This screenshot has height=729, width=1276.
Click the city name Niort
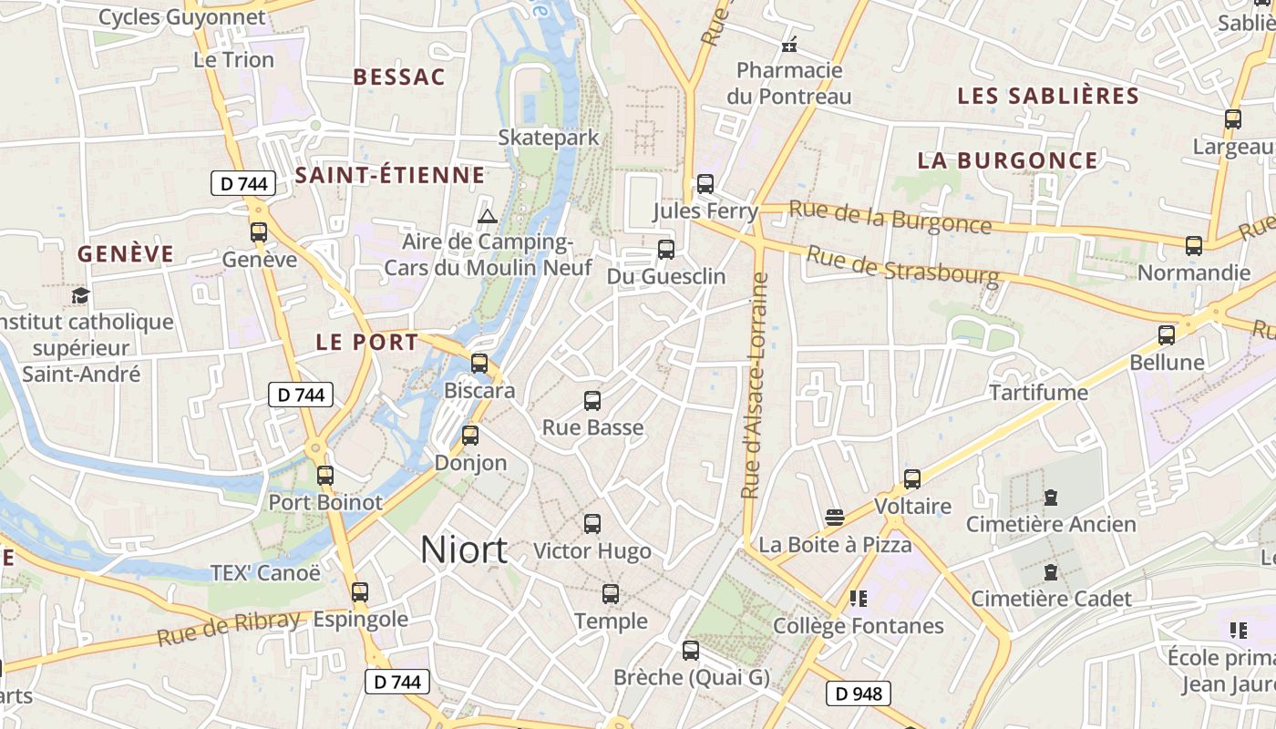click(464, 549)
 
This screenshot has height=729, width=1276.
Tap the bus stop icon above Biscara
click(479, 364)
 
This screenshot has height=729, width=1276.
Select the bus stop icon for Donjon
click(470, 436)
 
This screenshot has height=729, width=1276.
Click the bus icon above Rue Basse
click(592, 400)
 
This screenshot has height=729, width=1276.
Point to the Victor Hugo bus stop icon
click(592, 524)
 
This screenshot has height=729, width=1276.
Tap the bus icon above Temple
click(611, 594)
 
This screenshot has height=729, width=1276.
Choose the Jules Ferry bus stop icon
click(705, 184)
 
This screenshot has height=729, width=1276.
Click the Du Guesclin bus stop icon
click(666, 249)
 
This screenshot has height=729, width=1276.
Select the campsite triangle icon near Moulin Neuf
click(488, 216)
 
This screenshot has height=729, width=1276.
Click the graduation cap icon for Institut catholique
click(81, 295)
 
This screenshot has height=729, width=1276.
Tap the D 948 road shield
click(859, 693)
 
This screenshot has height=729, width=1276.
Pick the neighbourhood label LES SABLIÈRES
click(1048, 96)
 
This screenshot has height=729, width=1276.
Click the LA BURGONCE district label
click(1007, 160)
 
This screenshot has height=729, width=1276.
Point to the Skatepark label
click(549, 138)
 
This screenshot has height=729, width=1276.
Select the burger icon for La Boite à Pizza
click(834, 518)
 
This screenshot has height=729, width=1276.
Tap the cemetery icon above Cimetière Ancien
click(1051, 498)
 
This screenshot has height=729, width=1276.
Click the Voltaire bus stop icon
click(912, 478)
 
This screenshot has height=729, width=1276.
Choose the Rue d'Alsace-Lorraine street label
click(752, 385)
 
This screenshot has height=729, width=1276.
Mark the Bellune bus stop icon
click(1167, 334)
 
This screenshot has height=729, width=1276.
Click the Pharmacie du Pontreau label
click(789, 83)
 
